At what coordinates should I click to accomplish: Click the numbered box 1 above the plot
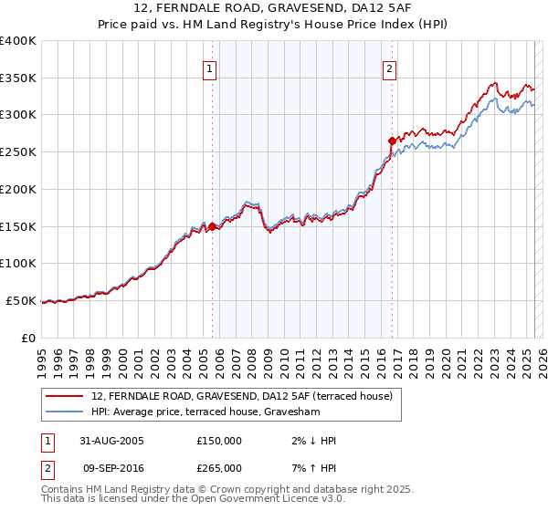[x=210, y=68]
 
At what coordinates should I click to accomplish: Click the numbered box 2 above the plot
[x=390, y=68]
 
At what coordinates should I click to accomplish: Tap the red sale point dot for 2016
[x=392, y=141]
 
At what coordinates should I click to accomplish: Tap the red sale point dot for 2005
[x=213, y=225]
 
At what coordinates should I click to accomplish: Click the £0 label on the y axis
[x=28, y=338]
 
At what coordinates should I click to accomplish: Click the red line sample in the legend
[x=65, y=396]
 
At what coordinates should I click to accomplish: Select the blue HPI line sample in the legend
[x=65, y=412]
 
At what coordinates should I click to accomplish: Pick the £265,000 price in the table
[x=219, y=468]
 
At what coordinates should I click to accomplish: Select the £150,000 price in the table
[x=219, y=441]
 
